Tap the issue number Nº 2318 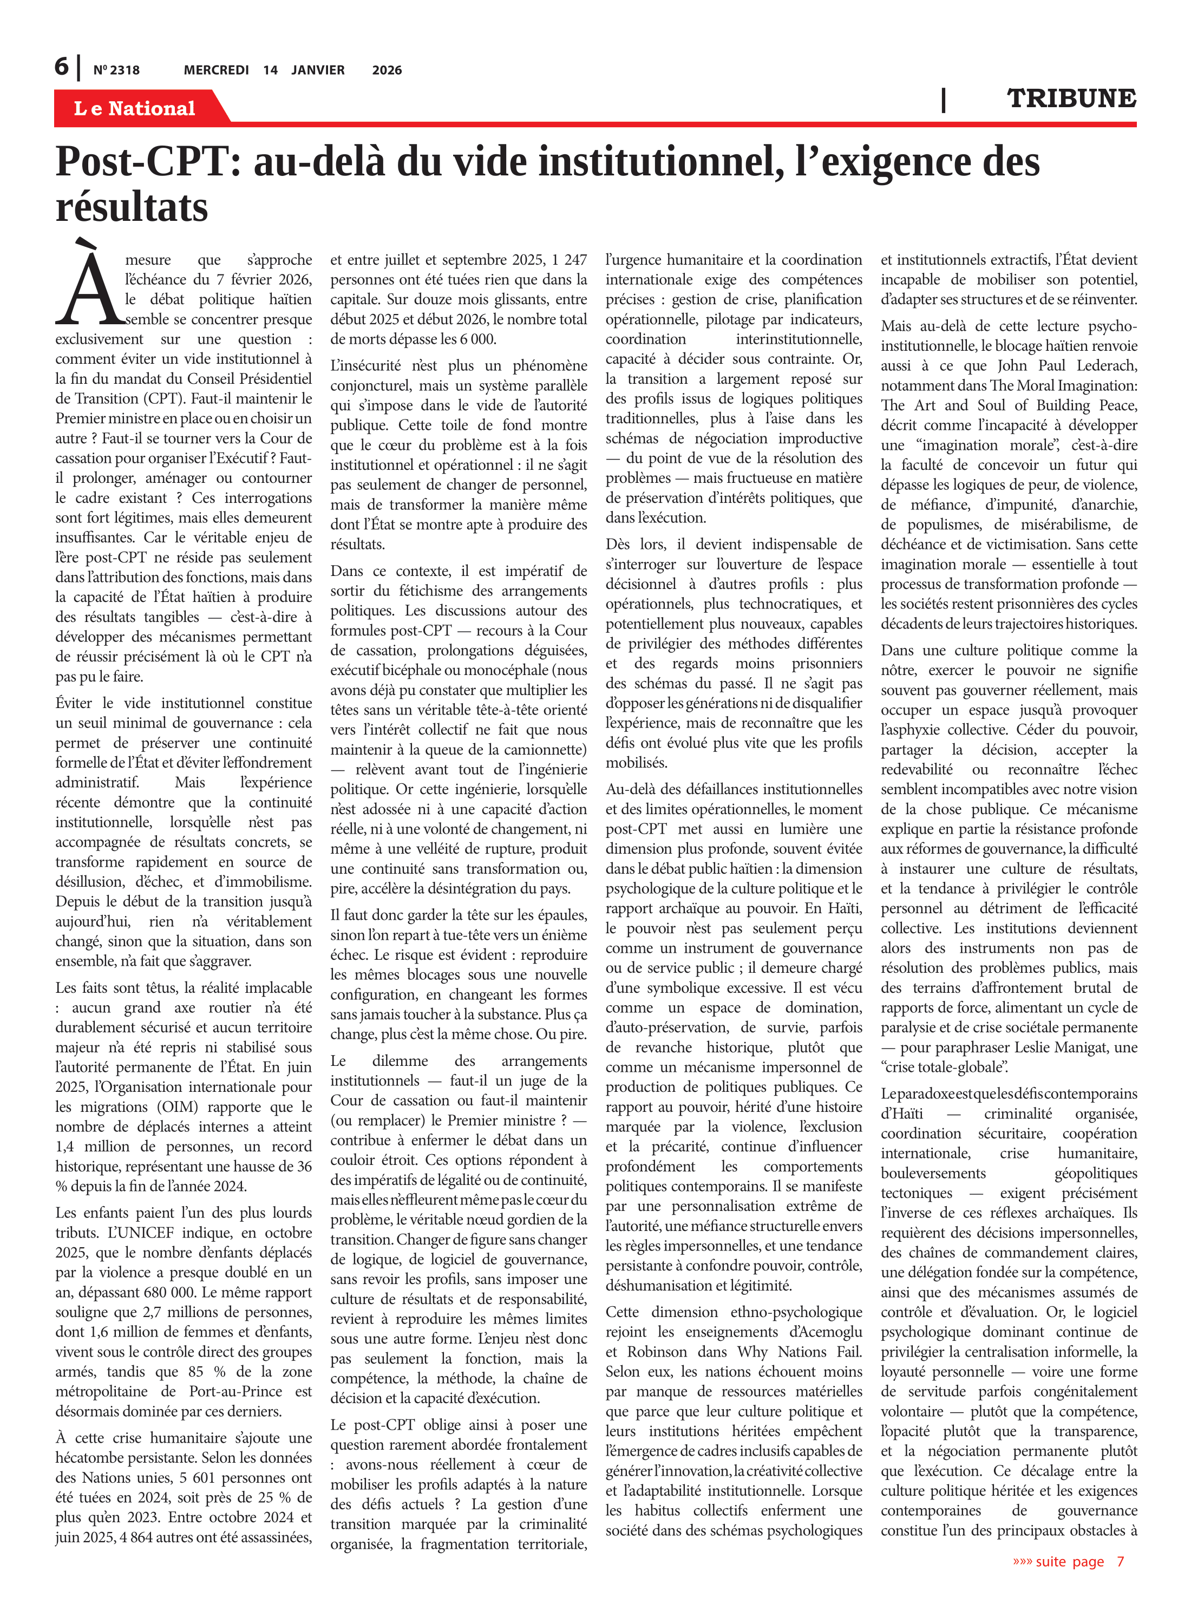tap(116, 70)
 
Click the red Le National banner tap(135, 108)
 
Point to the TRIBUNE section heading tap(1071, 99)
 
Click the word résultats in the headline tap(132, 207)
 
